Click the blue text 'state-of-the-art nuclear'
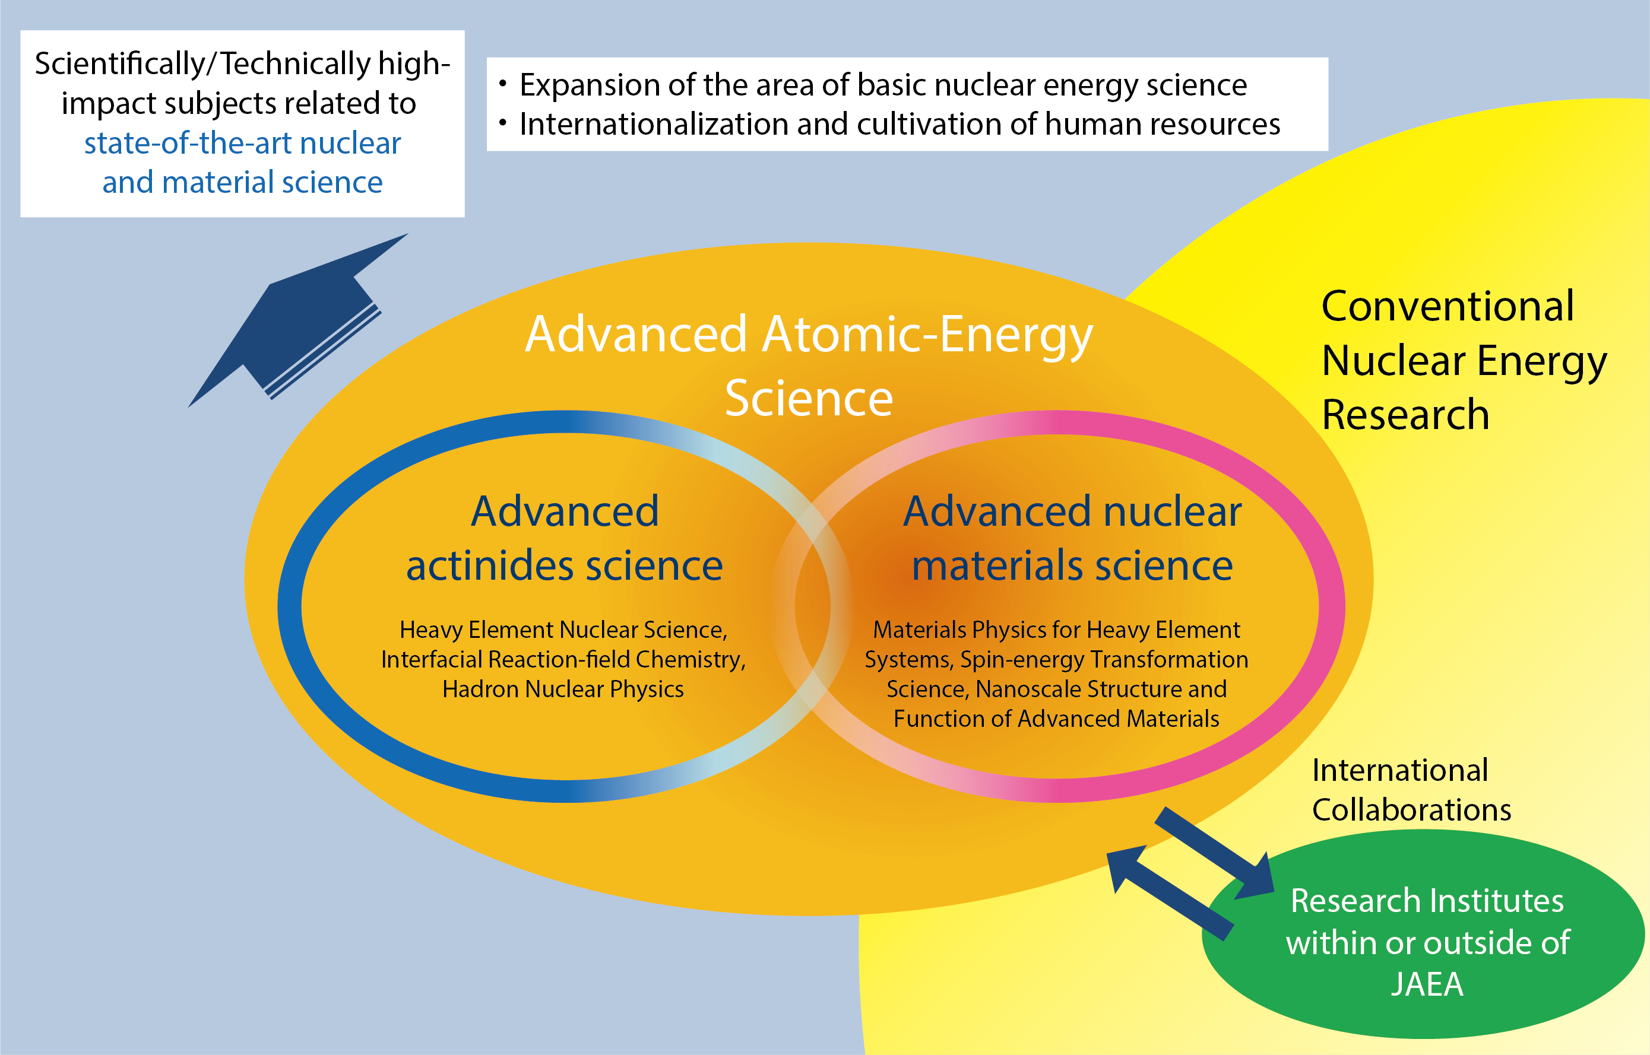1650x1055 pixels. [243, 143]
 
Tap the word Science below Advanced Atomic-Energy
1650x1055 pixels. [809, 398]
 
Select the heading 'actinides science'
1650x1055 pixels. [564, 566]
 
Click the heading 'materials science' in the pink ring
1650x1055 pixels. [1072, 566]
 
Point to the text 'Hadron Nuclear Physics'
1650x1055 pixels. [563, 688]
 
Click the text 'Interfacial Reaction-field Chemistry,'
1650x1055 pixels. [563, 659]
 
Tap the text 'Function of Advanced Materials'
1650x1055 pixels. [1056, 719]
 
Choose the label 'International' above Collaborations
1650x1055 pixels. [1400, 770]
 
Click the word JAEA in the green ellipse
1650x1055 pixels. [1427, 984]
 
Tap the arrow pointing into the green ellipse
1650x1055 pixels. [1215, 853]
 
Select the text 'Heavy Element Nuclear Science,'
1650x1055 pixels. [563, 630]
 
